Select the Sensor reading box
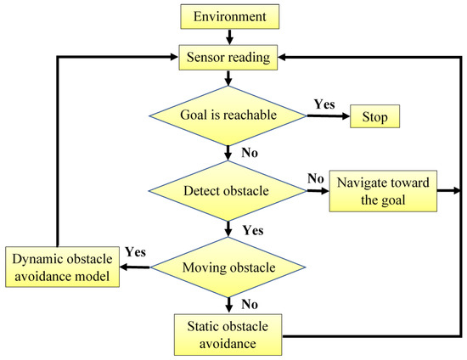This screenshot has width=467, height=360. click(228, 57)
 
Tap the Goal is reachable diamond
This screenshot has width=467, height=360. click(228, 115)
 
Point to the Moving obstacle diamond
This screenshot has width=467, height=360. click(228, 268)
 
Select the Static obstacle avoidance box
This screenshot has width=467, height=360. click(228, 334)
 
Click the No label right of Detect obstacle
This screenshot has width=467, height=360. click(316, 179)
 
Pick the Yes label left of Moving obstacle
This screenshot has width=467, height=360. click(135, 252)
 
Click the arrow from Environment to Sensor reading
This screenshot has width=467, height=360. click(228, 36)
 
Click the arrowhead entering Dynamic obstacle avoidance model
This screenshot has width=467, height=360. click(123, 268)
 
